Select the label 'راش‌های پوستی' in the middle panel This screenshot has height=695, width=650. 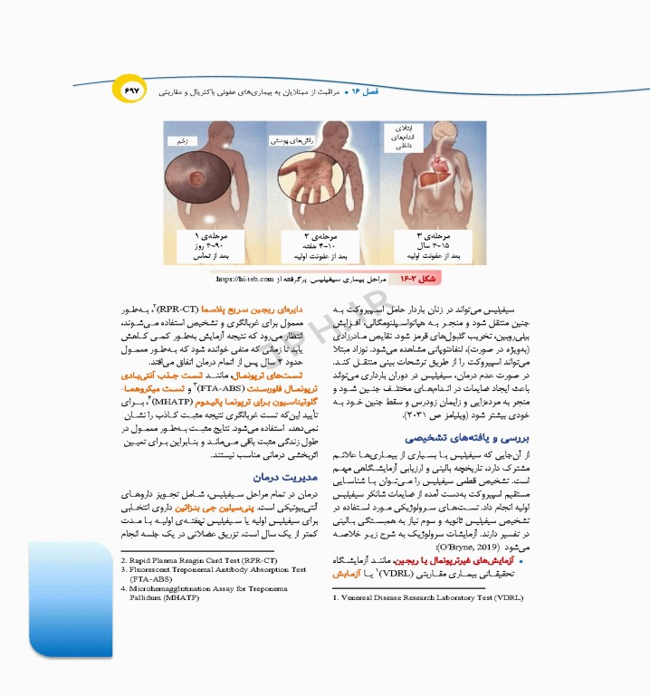coord(294,140)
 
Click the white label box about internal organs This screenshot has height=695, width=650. coord(404,138)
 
